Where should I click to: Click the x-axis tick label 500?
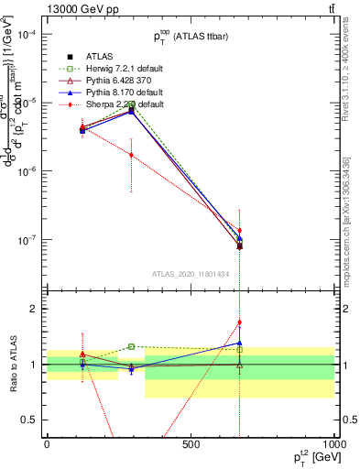click(x=191, y=444)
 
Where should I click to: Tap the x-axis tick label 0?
click(x=48, y=444)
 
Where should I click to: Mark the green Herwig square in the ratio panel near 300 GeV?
click(x=131, y=346)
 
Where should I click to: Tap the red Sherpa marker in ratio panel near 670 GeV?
click(x=239, y=322)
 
